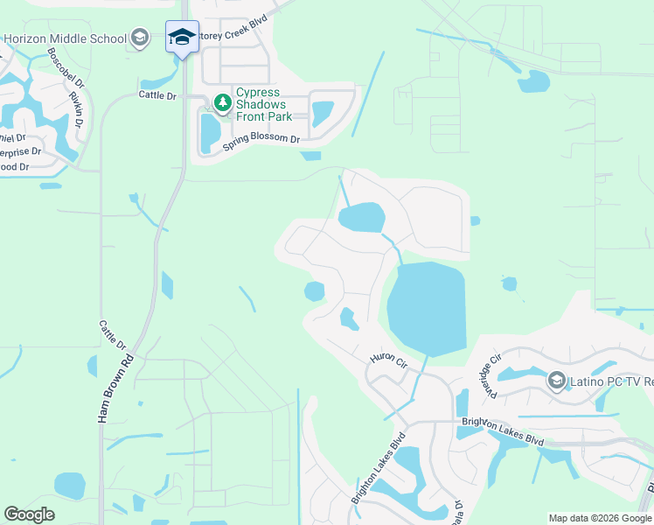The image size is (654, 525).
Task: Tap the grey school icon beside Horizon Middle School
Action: point(139,38)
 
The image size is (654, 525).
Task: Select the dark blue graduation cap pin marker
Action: point(182,38)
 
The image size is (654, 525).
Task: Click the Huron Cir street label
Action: point(389,358)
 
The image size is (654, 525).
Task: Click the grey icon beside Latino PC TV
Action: point(556,381)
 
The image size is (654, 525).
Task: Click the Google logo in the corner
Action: point(30,514)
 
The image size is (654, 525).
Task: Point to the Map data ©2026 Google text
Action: point(598,518)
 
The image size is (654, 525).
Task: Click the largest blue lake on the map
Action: point(426,307)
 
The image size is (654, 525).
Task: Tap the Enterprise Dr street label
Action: point(17,152)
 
